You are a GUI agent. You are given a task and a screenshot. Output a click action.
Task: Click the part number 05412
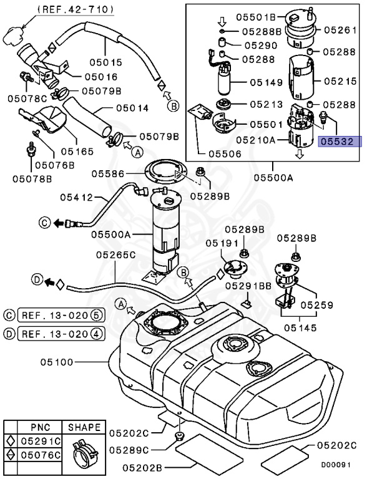point(77,197)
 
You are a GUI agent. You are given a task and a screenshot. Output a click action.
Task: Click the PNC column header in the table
point(36,427)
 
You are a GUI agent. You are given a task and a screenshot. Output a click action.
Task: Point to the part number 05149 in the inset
point(267,81)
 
